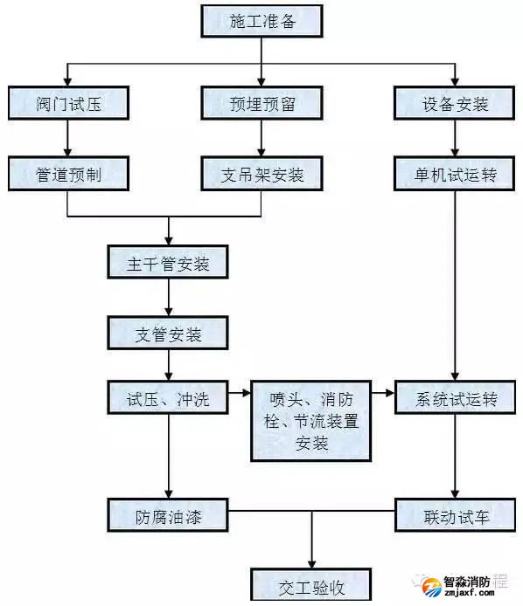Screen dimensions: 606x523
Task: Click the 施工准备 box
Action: click(x=261, y=21)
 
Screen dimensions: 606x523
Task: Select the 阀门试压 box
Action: click(x=68, y=103)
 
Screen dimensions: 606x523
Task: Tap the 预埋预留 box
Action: click(x=261, y=103)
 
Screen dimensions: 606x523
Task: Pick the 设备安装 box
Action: click(x=454, y=103)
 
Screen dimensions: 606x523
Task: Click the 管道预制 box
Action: click(x=68, y=174)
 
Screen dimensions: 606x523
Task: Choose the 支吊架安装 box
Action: click(x=261, y=174)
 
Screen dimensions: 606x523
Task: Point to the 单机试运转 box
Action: click(x=454, y=174)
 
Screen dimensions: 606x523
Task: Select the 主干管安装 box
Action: click(x=168, y=262)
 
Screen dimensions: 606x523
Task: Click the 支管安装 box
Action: click(x=168, y=333)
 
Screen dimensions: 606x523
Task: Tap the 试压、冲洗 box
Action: click(x=168, y=400)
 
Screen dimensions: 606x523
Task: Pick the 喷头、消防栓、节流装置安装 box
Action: click(x=310, y=421)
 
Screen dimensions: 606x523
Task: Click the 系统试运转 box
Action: click(x=454, y=400)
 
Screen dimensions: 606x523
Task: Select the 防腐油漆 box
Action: click(x=168, y=514)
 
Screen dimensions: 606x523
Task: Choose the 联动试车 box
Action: click(x=454, y=514)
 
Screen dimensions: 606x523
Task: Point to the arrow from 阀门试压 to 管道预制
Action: click(x=68, y=138)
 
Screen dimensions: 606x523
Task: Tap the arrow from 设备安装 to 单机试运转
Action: click(x=454, y=138)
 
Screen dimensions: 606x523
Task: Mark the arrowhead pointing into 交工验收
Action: click(x=311, y=561)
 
